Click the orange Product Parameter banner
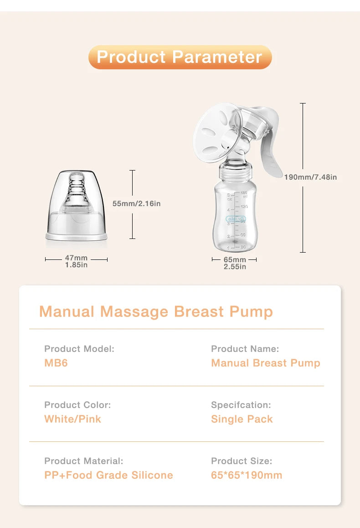pyautogui.click(x=180, y=57)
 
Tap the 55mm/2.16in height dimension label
pyautogui.click(x=136, y=203)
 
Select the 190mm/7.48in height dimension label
pyautogui.click(x=310, y=177)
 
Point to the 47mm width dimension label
pyautogui.click(x=76, y=261)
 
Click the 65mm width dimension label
pyautogui.click(x=235, y=263)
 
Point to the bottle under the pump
pyautogui.click(x=235, y=214)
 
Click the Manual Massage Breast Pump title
pyautogui.click(x=156, y=311)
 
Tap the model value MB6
pyautogui.click(x=56, y=363)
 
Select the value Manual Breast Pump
pyautogui.click(x=266, y=363)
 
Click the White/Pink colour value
pyautogui.click(x=72, y=419)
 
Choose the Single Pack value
pyautogui.click(x=242, y=419)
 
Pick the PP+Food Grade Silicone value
pyautogui.click(x=108, y=475)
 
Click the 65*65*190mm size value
pyautogui.click(x=247, y=475)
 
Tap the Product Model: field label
pyautogui.click(x=79, y=349)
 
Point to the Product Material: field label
pyautogui.click(x=83, y=461)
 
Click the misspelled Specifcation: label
pyautogui.click(x=241, y=405)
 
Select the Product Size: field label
pyautogui.click(x=241, y=461)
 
